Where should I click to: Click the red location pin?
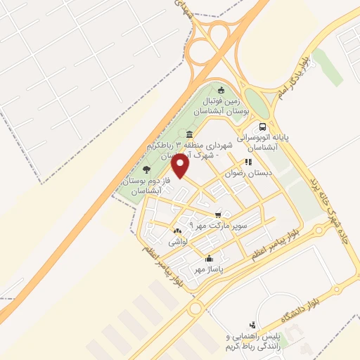pos(181,165)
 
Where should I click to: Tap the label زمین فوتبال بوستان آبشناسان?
pos(221,105)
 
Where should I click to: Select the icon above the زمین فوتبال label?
pos(222,89)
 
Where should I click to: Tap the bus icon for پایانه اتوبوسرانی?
pos(262,127)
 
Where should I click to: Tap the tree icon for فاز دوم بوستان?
pos(146,169)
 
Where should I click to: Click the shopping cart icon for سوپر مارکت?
pos(218,214)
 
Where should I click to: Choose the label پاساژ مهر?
pos(208,269)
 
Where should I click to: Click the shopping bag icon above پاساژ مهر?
pos(208,257)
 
